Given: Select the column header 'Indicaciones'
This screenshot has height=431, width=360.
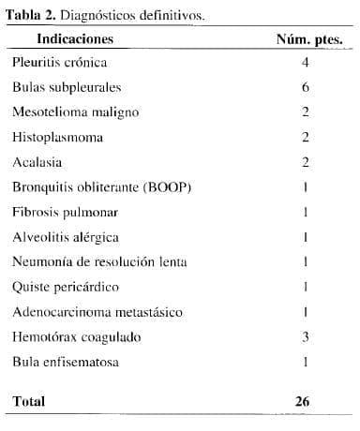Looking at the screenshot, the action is pos(75,39).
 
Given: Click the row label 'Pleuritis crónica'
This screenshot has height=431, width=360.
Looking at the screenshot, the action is pos(60,63).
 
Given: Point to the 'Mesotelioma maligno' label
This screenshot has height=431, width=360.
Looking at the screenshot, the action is pos(76,112).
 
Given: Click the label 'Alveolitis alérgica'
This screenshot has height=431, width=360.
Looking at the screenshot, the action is pos(66,237).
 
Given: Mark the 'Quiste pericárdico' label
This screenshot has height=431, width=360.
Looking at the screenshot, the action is pos(65,287).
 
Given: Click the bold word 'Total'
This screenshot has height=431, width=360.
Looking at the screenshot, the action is pos(29,401).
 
